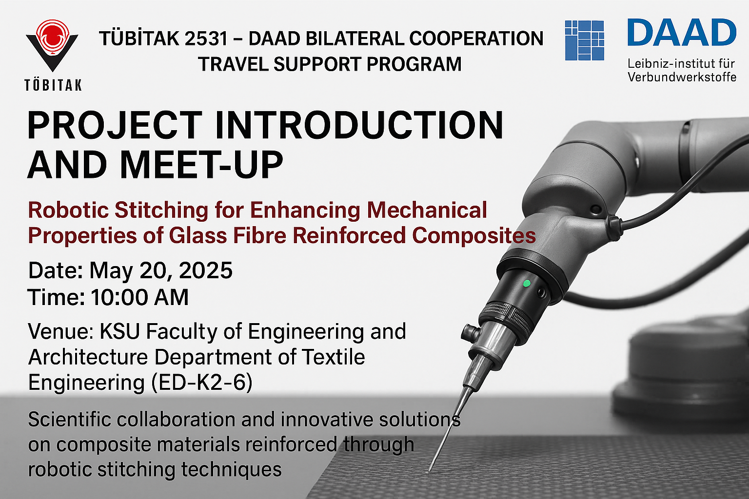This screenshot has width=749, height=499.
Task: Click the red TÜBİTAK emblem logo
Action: click(52, 45)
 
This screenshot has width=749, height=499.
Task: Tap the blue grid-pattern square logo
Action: click(584, 40)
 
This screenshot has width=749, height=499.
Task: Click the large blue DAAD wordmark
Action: click(682, 32)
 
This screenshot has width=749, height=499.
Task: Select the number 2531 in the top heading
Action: click(206, 39)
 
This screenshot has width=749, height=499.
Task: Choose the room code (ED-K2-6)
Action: click(202, 383)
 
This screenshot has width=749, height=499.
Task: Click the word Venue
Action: click(60, 331)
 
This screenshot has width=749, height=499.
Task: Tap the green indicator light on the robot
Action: click(527, 284)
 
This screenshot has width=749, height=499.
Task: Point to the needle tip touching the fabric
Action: click(429, 471)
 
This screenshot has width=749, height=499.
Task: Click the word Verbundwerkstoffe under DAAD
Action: click(682, 77)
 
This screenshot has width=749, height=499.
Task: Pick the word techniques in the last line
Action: click(232, 469)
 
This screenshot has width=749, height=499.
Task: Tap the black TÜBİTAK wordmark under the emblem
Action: click(53, 85)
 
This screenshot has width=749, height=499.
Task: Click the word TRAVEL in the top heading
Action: click(234, 64)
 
